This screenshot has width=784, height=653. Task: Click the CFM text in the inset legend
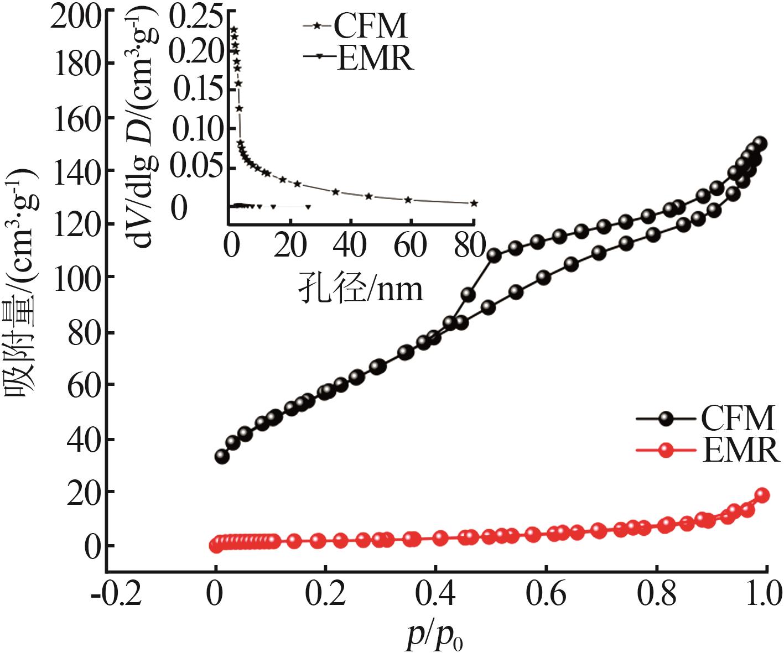pyautogui.click(x=371, y=25)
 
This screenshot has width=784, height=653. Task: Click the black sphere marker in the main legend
pyautogui.click(x=666, y=418)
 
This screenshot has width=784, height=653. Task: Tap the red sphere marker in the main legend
pyautogui.click(x=666, y=451)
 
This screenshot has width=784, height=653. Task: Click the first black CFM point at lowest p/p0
pyautogui.click(x=222, y=457)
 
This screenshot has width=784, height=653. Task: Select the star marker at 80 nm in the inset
pyautogui.click(x=474, y=203)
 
